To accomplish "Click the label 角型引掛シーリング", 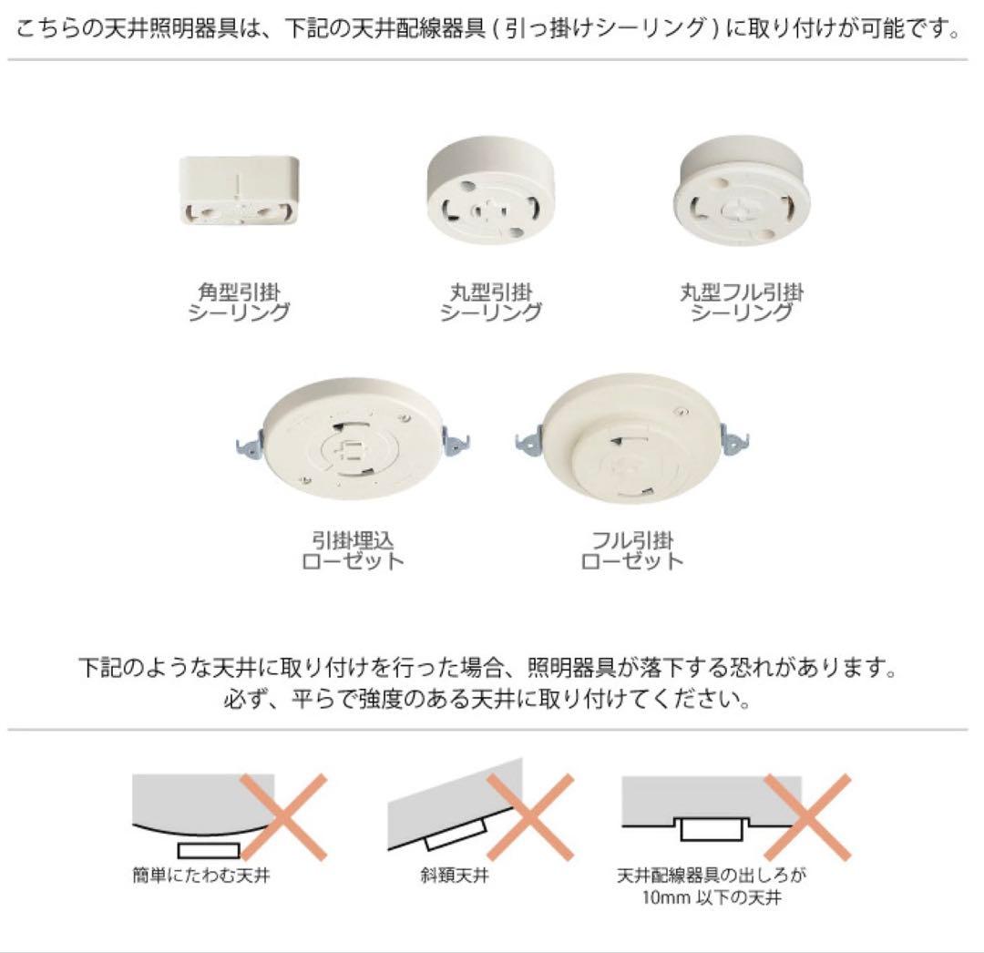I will tap(239, 302).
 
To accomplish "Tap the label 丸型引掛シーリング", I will tap(490, 302).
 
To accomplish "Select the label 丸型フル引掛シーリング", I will tap(742, 302).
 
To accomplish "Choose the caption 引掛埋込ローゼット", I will tap(353, 549).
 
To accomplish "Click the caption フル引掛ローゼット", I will tap(631, 549).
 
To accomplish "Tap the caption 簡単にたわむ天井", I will tap(201, 877).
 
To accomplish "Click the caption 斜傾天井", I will tap(461, 877).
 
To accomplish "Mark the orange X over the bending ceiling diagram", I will tap(284, 816).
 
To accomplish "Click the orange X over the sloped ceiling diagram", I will tap(530, 816).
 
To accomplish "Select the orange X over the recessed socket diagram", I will tap(806, 816).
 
